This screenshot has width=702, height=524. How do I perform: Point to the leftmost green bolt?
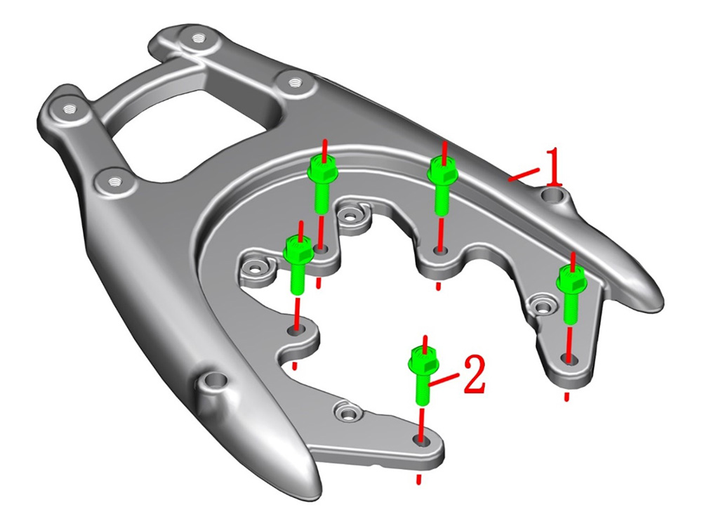(297, 264)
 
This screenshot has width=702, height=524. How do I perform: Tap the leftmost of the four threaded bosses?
(69, 109)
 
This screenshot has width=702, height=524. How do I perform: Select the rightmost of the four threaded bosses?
(293, 82)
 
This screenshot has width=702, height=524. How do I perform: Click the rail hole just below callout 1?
(552, 195)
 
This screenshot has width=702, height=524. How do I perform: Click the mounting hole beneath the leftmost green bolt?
(296, 330)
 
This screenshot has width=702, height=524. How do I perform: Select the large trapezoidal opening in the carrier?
(197, 134)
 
